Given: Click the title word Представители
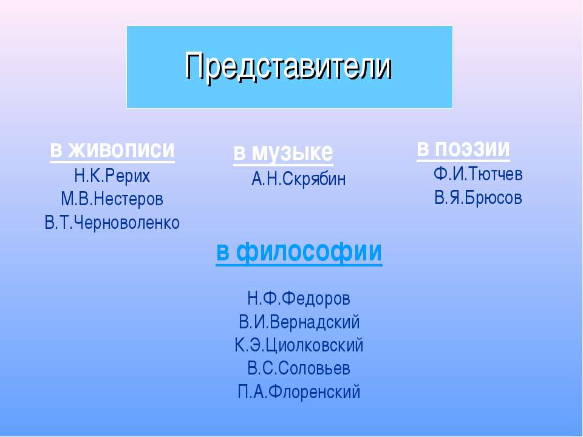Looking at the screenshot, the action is (288, 67).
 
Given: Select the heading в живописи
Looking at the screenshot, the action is (112, 149).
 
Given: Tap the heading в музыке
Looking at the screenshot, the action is (284, 152).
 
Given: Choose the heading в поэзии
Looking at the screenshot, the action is (463, 149).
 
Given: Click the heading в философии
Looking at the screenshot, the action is (299, 252).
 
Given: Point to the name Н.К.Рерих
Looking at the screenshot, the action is (112, 176).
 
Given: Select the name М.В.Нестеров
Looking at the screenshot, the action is (112, 199).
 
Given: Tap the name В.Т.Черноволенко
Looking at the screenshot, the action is (112, 223).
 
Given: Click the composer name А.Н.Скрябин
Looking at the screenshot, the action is (299, 179).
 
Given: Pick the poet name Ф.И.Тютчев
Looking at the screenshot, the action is (478, 174).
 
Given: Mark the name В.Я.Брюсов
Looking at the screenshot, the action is (478, 198).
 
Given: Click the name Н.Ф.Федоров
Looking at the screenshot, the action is (299, 299).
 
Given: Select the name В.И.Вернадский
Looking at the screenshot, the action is (299, 322).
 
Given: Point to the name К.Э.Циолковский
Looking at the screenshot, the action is (299, 345).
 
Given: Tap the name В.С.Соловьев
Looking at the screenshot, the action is (299, 368).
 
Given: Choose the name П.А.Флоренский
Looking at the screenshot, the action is (299, 392).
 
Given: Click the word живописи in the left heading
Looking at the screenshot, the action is (121, 149).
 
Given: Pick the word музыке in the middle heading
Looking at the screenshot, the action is (292, 153).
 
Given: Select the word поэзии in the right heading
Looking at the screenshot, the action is (472, 148).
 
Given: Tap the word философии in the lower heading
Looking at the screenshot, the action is (309, 252).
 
